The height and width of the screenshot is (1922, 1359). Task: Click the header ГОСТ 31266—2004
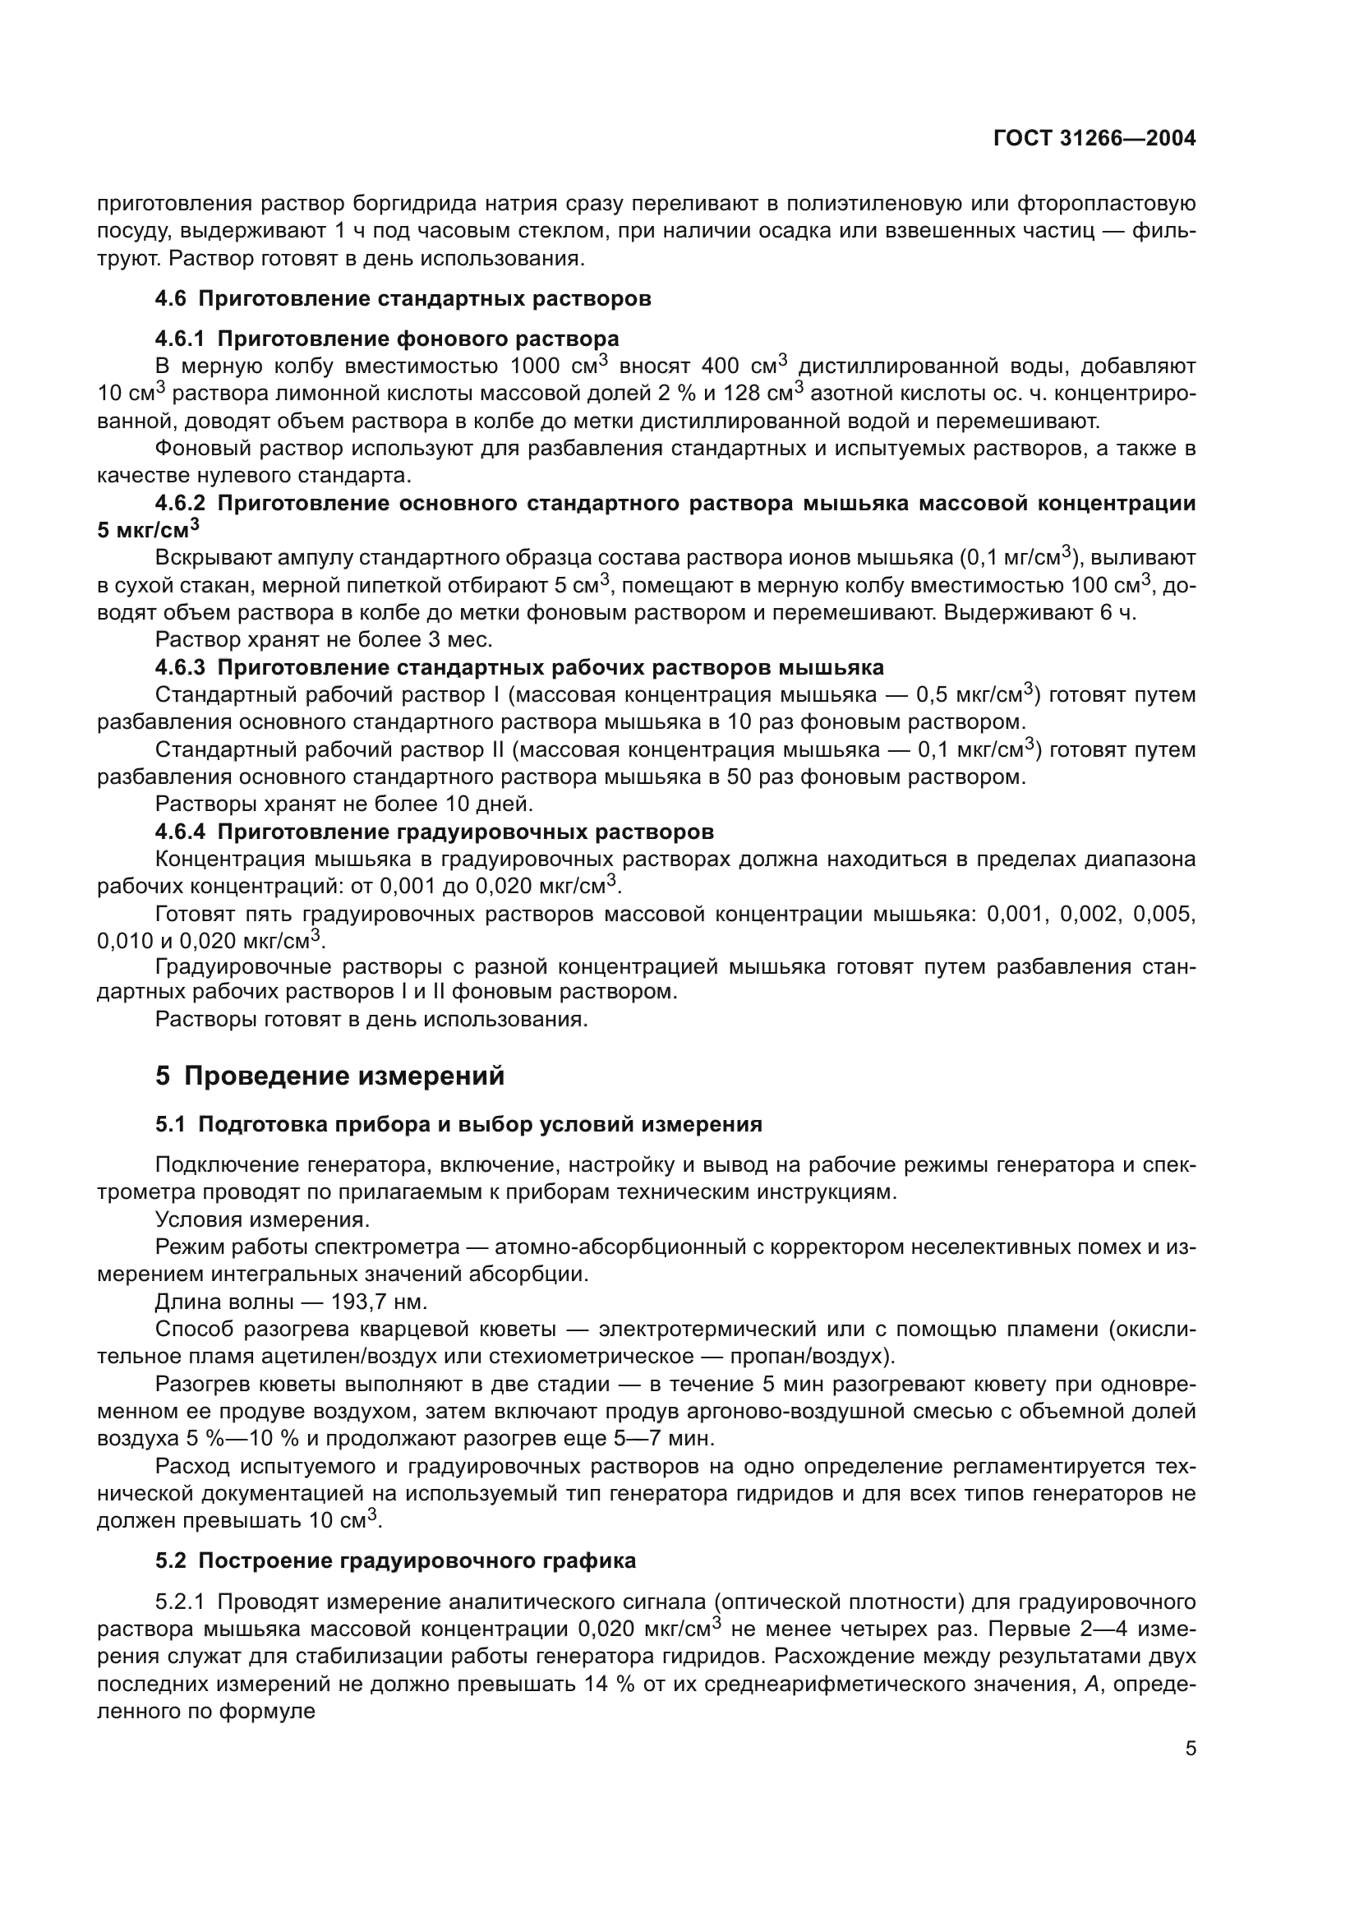tap(1094, 139)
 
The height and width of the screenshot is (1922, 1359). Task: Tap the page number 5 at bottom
tap(1190, 1748)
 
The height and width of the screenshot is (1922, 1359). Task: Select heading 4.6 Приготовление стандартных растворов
tap(403, 299)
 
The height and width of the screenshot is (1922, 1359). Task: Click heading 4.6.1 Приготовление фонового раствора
tap(387, 339)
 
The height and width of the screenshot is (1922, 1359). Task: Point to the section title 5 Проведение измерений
tap(329, 1076)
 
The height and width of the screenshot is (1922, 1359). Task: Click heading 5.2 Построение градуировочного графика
tap(395, 1560)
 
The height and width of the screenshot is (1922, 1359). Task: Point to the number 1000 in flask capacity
tap(539, 366)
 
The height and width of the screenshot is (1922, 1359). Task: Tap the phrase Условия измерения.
tap(262, 1219)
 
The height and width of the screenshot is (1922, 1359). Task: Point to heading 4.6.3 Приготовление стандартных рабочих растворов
tap(518, 667)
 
